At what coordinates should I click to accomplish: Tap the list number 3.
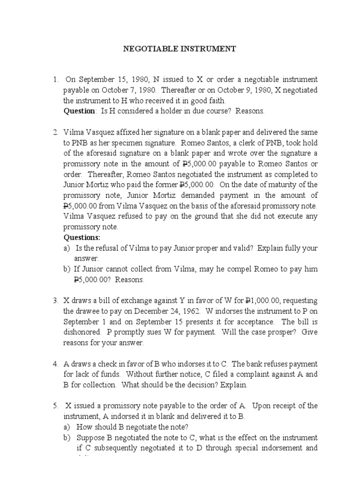55,300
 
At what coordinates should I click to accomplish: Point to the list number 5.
55,405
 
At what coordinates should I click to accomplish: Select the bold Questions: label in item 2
82,237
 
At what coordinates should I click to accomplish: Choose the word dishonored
81,332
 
